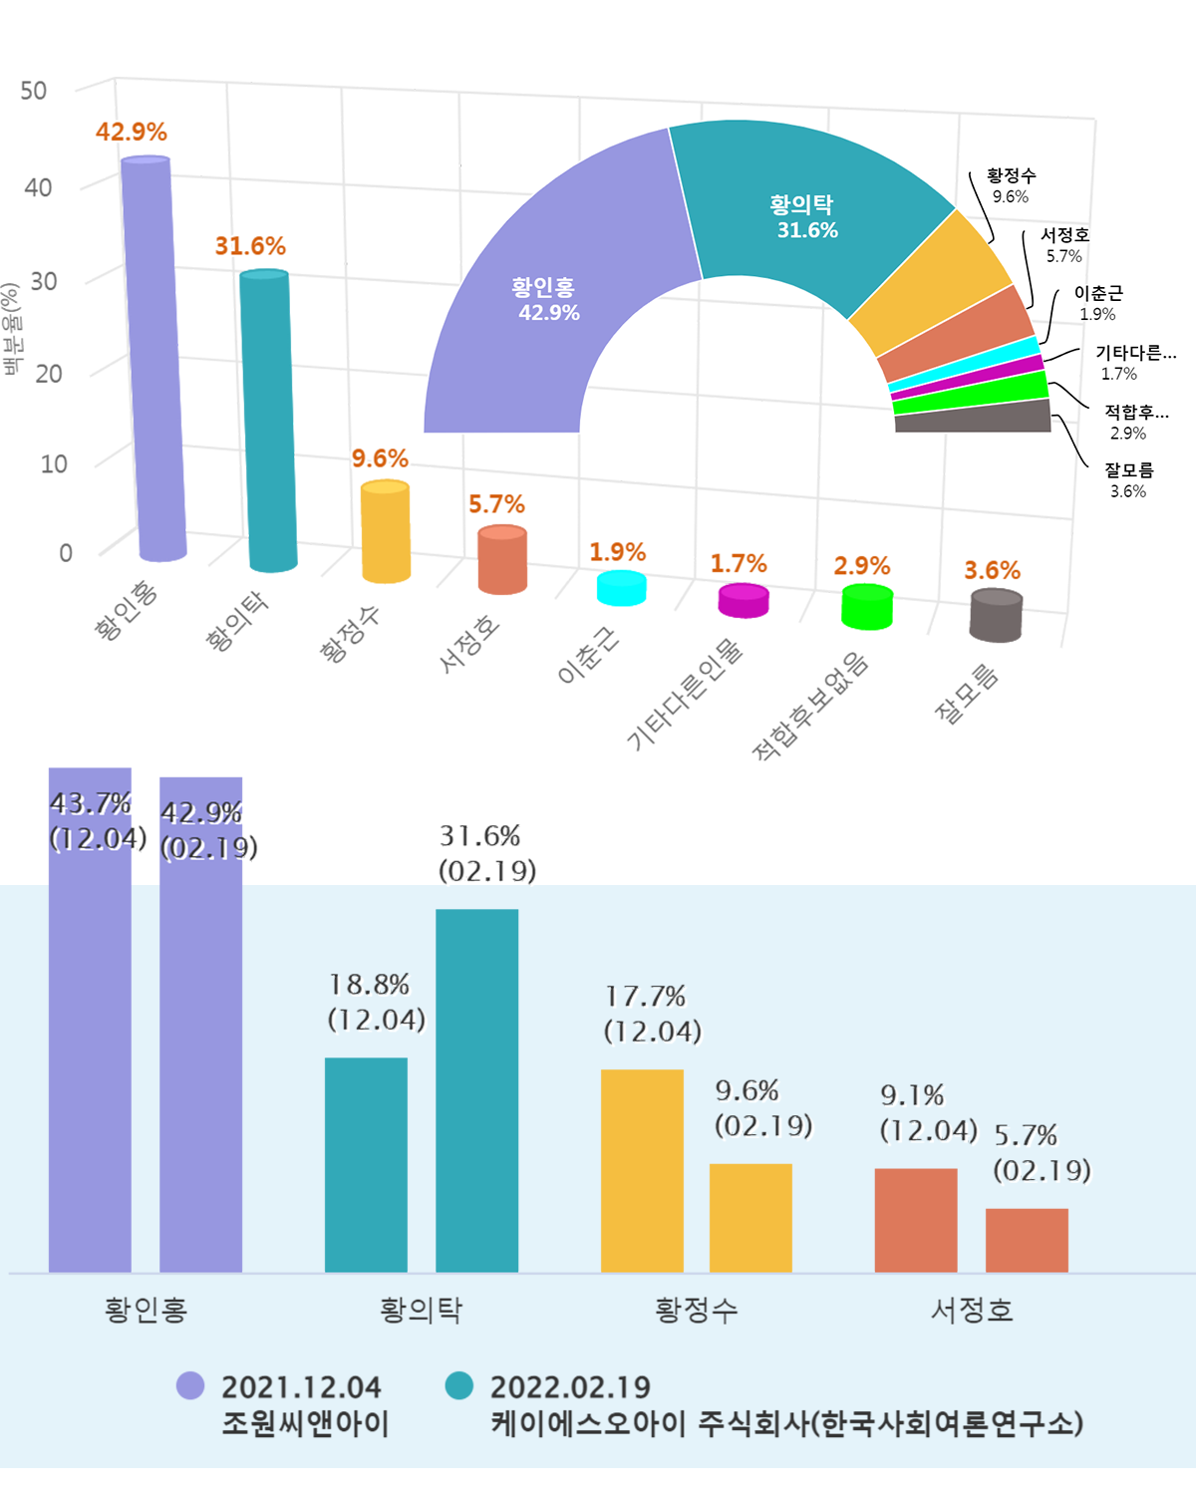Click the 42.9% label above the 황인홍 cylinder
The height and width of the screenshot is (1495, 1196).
132,132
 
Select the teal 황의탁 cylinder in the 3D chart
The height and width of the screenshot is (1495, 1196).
268,419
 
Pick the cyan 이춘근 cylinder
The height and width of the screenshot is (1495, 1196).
621,588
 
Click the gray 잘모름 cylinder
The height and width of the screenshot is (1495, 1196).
996,615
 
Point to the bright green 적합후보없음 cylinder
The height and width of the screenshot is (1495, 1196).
867,607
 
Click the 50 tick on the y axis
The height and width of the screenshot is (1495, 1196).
34,91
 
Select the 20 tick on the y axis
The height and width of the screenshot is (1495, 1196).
48,374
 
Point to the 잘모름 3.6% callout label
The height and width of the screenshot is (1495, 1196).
1128,479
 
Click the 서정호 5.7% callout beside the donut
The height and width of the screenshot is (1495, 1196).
1064,245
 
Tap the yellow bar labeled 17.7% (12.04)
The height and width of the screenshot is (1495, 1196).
642,1170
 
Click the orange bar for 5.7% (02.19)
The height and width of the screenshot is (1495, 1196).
1027,1240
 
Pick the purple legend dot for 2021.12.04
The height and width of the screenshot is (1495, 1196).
190,1385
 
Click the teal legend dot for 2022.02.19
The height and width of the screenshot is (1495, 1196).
459,1385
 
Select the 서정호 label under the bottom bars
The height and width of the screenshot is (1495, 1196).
972,1310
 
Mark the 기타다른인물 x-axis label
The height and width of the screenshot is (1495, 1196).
685,693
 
